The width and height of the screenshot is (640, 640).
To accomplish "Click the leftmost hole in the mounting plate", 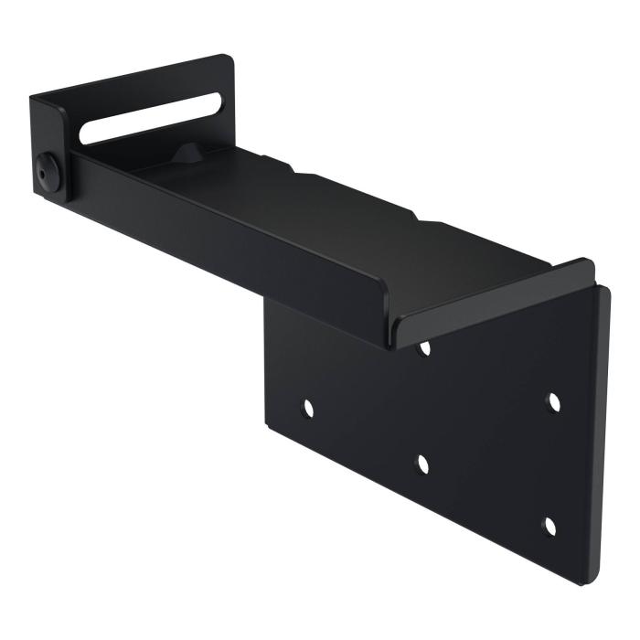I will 307,409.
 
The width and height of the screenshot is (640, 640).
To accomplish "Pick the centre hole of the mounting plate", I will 422,464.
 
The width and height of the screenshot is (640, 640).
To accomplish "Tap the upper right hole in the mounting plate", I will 553,402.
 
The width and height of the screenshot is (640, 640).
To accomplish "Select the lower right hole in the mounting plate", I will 549,527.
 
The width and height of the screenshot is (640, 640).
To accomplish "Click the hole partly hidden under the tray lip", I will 424,348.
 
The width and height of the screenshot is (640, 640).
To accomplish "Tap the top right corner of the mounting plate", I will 605,291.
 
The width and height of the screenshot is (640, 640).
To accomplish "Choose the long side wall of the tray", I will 229,247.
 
